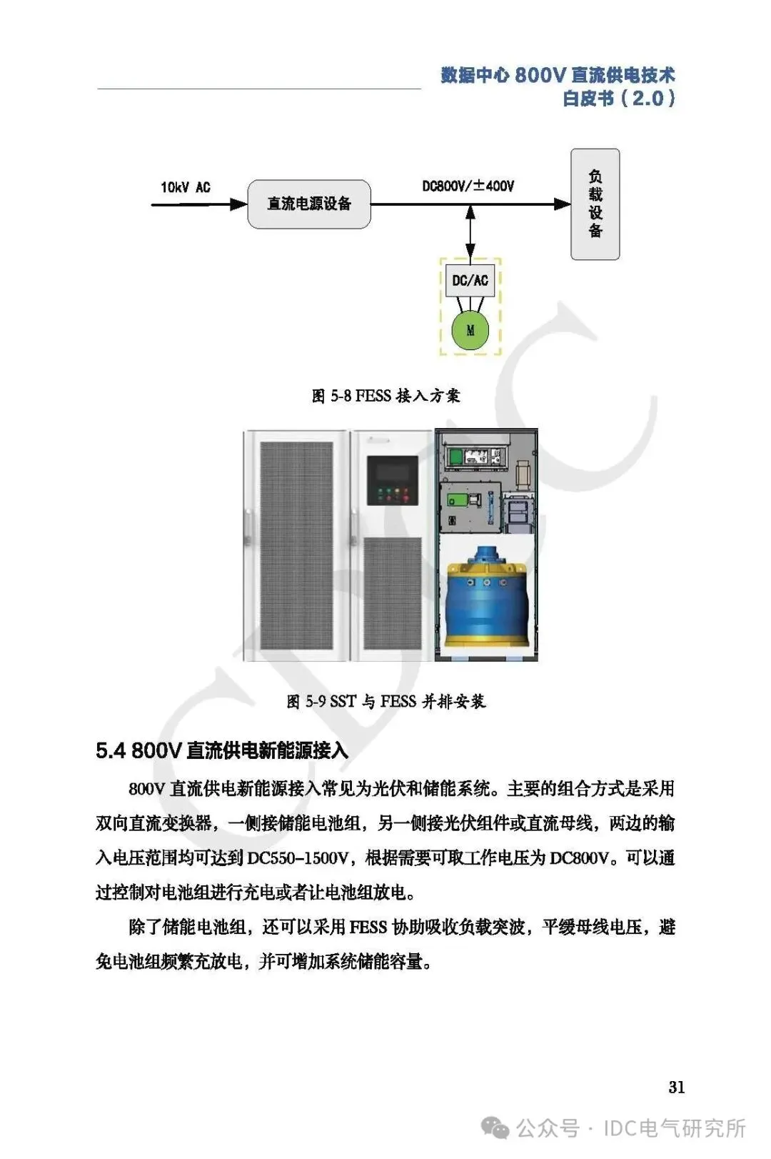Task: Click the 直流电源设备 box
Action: pos(309,204)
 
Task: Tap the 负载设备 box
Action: pos(595,204)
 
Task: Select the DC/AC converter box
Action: pos(470,280)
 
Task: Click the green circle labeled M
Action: pos(470,330)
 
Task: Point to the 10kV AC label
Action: pos(186,187)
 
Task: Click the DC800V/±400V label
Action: pos(468,186)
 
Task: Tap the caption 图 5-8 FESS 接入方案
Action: pos(385,396)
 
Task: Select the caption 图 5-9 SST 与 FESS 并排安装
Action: pos(385,702)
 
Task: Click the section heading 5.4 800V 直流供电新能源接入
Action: pos(222,750)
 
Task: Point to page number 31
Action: pos(676,1087)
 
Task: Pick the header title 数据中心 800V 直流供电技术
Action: pos(558,75)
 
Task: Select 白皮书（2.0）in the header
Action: pos(618,99)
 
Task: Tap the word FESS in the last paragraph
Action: pos(368,927)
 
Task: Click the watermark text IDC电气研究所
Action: pos(674,1128)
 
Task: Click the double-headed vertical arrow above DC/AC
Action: pos(470,232)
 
